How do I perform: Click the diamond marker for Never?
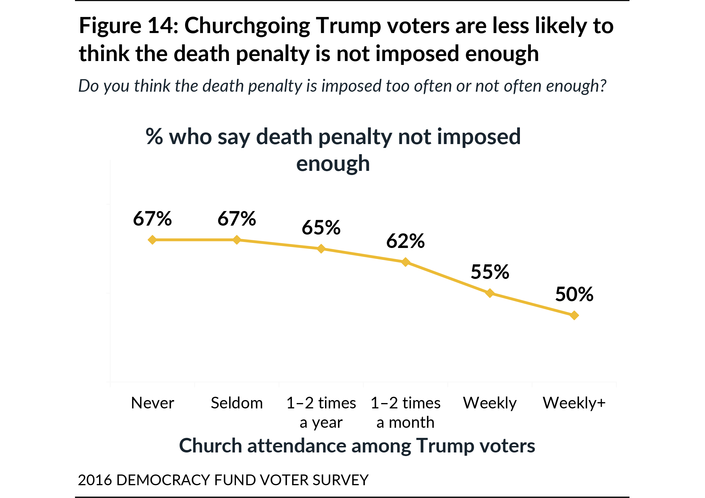pos(152,240)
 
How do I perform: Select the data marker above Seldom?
pos(237,240)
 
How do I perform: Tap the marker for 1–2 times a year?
pos(321,249)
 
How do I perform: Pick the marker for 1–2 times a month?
pos(406,262)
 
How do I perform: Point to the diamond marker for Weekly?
pos(490,293)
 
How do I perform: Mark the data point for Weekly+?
pos(574,315)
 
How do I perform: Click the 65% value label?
pos(321,228)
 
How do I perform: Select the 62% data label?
pos(406,241)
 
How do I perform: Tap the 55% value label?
pos(490,272)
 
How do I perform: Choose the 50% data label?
pos(574,294)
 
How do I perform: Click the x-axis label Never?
pos(152,403)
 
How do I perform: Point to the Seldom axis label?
pos(237,403)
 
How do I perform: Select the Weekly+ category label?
pos(574,403)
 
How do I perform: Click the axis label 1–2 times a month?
pos(406,412)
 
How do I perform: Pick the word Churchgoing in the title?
pos(247,26)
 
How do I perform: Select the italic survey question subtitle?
pos(342,86)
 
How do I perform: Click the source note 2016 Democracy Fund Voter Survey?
pos(223,480)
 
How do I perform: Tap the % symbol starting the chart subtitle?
pos(154,136)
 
